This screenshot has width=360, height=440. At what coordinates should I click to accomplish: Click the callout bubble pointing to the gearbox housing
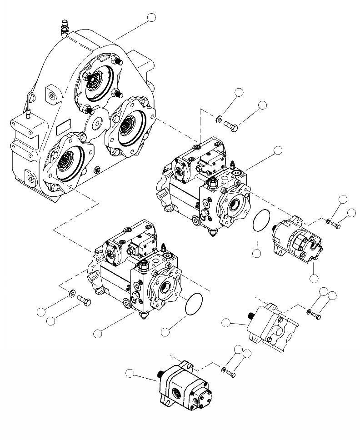151,18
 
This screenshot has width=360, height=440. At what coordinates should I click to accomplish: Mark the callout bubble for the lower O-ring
165,332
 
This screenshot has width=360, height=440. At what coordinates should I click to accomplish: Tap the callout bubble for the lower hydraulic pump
97,334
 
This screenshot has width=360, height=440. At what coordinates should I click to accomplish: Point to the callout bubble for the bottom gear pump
130,374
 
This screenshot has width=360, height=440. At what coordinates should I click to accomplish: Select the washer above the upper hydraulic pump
219,120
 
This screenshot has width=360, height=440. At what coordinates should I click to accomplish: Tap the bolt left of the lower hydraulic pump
84,300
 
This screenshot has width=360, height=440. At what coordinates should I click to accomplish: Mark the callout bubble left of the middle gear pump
226,323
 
